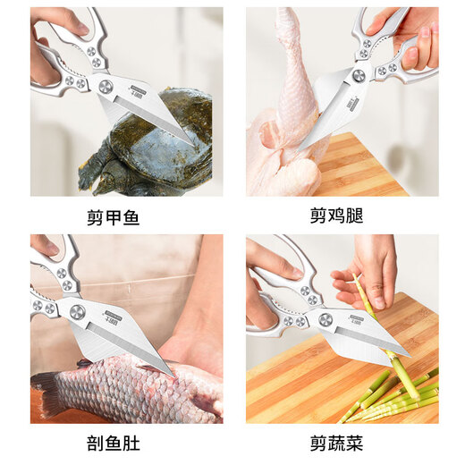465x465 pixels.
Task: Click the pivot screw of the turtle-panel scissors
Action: coord(106,86)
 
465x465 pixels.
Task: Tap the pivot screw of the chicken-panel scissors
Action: coord(359,76)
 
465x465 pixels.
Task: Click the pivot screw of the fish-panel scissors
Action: coord(78,312)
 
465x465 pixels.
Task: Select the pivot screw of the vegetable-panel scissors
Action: coord(325,319)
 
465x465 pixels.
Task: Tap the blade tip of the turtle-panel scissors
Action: coord(193,144)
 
